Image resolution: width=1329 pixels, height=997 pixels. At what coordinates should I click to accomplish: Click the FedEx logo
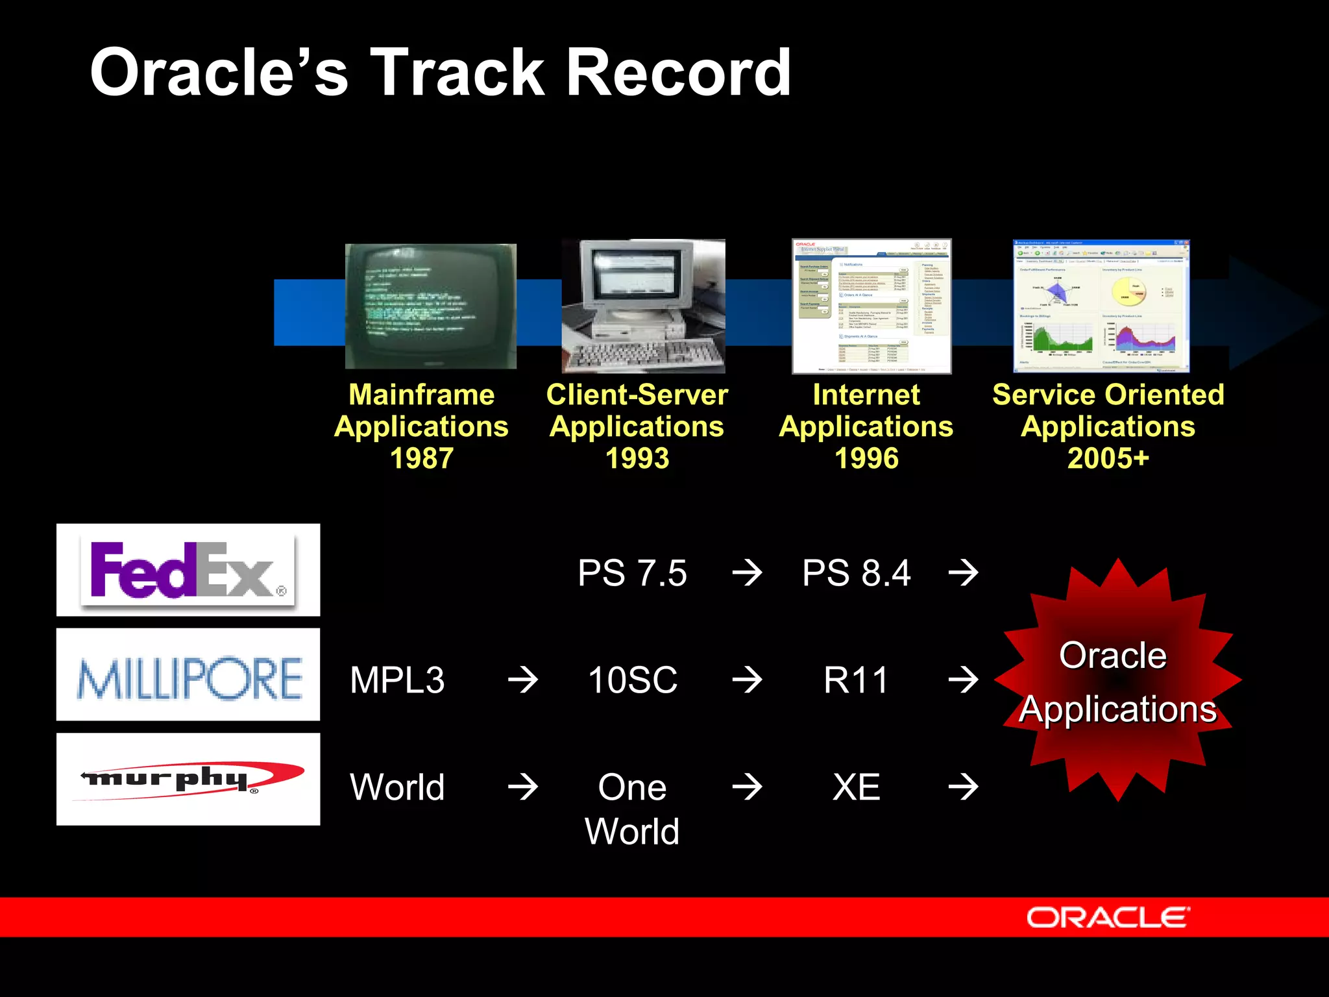click(x=188, y=570)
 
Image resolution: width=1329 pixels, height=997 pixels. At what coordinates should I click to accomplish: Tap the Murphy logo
click(x=188, y=779)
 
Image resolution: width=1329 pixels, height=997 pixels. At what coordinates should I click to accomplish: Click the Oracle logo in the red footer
click(x=1108, y=918)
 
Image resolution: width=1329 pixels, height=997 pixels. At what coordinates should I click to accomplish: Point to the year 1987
click(x=422, y=458)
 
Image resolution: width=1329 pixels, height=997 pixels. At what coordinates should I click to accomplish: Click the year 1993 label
click(x=637, y=458)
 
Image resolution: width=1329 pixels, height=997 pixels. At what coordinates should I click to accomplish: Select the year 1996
click(x=866, y=458)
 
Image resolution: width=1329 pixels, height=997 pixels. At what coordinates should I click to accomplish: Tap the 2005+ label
click(x=1108, y=458)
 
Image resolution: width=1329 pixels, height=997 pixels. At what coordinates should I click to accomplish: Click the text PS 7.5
click(x=632, y=573)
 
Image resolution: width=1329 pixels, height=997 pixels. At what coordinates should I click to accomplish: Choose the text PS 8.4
click(x=857, y=573)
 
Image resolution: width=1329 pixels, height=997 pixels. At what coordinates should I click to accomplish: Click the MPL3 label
click(x=397, y=680)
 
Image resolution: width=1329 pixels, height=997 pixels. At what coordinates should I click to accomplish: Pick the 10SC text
click(x=632, y=680)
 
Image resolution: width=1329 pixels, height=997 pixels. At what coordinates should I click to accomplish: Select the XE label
click(x=857, y=787)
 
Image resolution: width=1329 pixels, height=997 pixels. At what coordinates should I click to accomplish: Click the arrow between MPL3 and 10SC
click(x=523, y=680)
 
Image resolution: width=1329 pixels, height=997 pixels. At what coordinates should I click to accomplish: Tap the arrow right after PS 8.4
click(x=964, y=573)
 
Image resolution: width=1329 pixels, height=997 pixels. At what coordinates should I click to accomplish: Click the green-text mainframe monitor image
click(x=431, y=306)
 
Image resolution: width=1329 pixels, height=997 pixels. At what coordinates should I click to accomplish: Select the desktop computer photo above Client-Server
click(x=643, y=306)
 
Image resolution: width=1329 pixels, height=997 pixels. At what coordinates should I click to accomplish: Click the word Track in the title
click(x=456, y=73)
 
